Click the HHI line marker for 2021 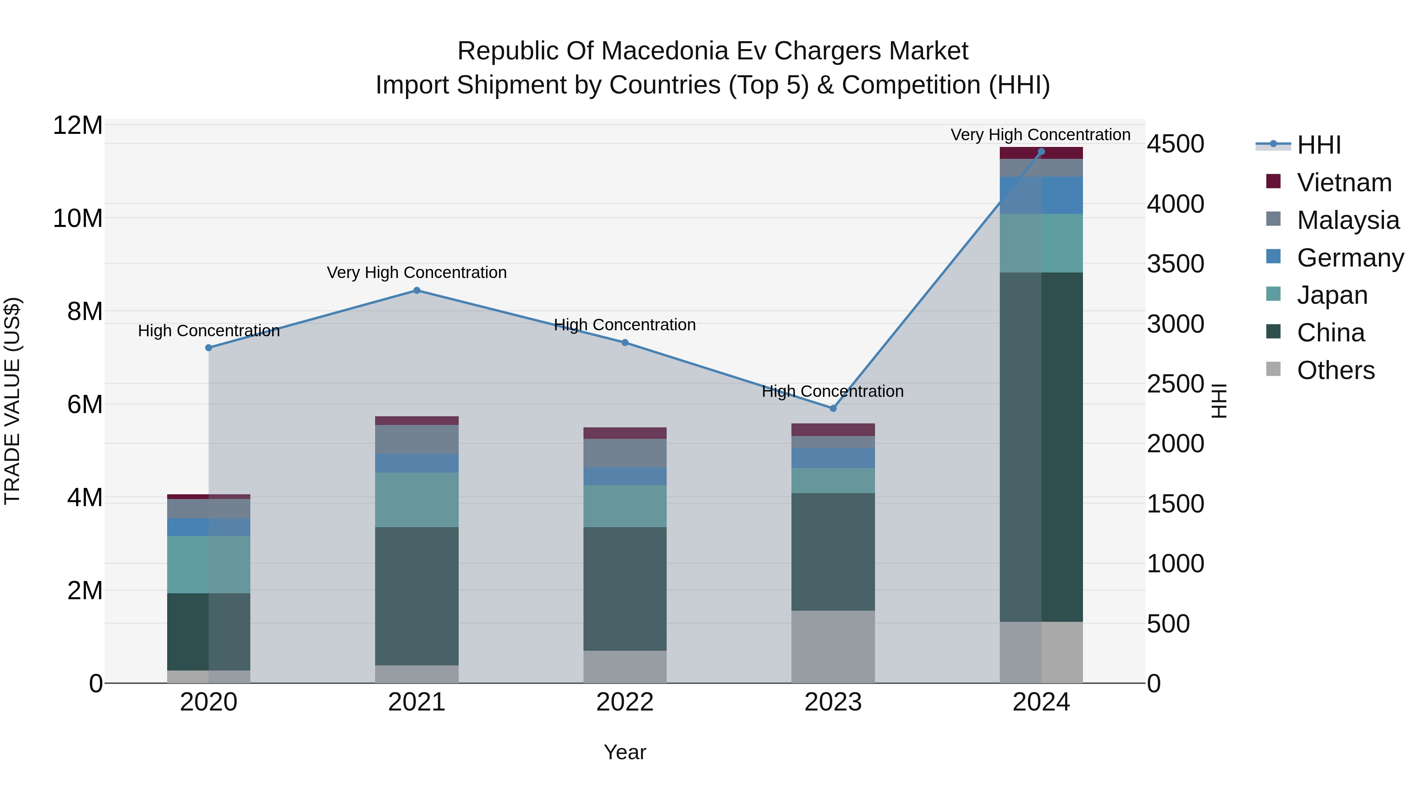click(x=417, y=291)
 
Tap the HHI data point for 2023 click(x=833, y=408)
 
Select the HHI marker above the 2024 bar click(x=1041, y=152)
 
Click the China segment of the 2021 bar click(x=417, y=596)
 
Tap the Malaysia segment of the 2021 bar click(x=417, y=440)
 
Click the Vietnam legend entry click(x=1344, y=183)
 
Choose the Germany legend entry click(x=1350, y=258)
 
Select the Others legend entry click(x=1335, y=370)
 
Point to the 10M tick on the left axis click(x=78, y=219)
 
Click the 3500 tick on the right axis click(x=1175, y=264)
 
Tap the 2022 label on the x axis click(x=625, y=702)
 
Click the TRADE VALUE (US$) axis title click(x=12, y=401)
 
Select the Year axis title click(x=625, y=752)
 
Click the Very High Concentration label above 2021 click(x=417, y=272)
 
